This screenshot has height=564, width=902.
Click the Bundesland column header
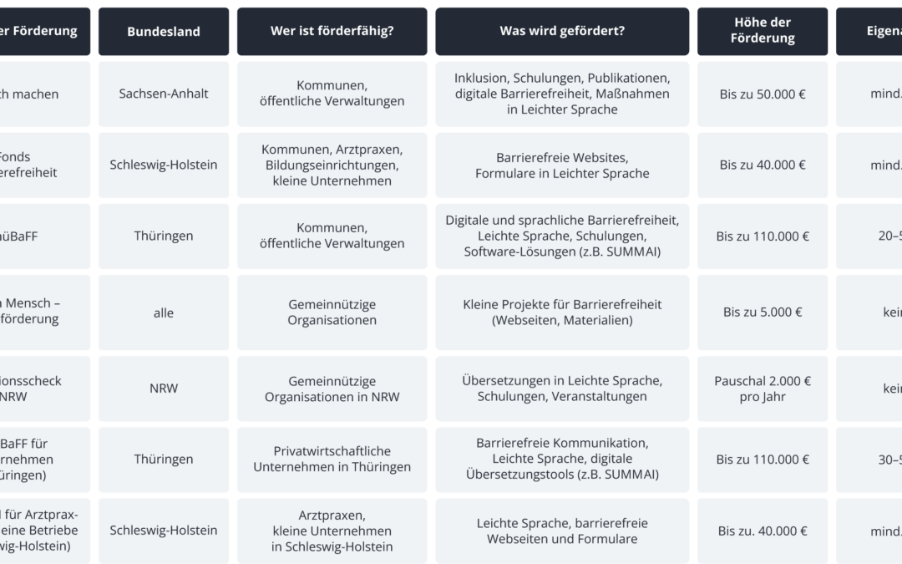point(164,32)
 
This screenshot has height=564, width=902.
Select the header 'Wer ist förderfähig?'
point(332,32)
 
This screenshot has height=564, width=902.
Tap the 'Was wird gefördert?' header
point(562,32)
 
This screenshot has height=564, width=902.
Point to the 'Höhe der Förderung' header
point(763,32)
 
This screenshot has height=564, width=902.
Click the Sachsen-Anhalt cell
point(164,94)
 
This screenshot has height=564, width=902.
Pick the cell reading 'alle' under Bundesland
point(164,312)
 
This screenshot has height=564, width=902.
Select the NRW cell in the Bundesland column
point(164,389)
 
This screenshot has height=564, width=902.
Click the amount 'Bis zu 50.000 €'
point(763,94)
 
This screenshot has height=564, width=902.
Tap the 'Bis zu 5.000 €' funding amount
point(763,312)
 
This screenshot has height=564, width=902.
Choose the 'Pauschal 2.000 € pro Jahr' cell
point(763,389)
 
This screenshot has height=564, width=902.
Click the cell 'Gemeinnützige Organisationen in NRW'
point(332,389)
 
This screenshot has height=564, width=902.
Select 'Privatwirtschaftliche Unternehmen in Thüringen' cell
point(332,459)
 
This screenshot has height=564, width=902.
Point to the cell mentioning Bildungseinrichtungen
point(332,165)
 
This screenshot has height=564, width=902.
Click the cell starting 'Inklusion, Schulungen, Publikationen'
point(562,94)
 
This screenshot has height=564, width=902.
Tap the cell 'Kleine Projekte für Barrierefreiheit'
point(562,312)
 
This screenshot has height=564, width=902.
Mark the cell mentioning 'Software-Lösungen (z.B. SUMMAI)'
point(562,236)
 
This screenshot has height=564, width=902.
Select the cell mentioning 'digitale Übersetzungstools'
point(562,459)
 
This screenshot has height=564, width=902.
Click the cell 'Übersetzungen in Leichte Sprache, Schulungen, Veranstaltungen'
point(562,389)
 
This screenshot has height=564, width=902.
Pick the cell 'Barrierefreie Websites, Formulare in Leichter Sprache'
point(562,165)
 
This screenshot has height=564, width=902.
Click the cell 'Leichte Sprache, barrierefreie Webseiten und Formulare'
point(562,531)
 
